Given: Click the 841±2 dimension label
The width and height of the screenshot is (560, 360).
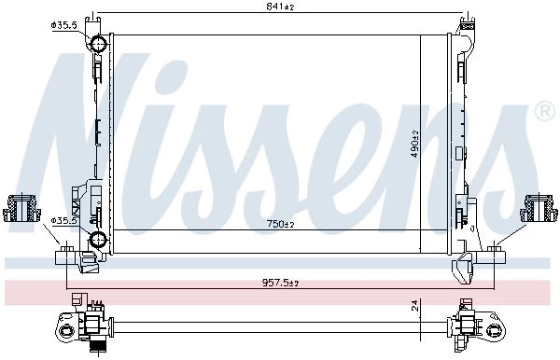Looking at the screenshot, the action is point(280,7).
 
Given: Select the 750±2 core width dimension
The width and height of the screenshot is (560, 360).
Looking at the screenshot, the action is point(280,224).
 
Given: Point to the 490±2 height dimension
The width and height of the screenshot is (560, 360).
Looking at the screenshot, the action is point(414,144).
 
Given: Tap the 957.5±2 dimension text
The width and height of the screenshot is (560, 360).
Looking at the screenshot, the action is point(280,283).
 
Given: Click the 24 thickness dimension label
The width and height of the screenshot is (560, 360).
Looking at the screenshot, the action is point(414,305).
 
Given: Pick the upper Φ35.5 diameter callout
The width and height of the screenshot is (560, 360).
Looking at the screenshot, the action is point(63,25).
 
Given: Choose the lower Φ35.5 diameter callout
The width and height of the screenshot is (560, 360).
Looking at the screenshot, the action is point(63,221).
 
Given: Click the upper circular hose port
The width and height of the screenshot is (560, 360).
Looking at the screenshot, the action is point(98,44).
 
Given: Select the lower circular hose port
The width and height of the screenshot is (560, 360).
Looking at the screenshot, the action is point(98,239).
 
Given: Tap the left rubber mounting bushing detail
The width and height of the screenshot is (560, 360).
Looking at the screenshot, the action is point(21,208).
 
